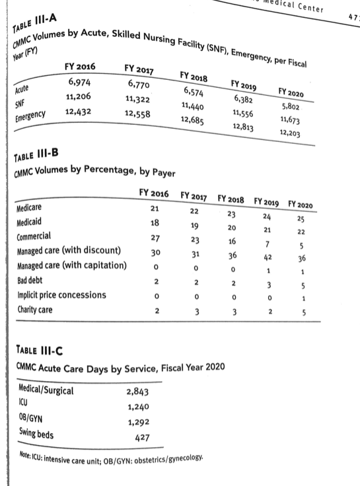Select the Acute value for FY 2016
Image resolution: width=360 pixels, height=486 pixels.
click(81, 83)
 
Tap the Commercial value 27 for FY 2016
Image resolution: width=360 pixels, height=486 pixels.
click(155, 238)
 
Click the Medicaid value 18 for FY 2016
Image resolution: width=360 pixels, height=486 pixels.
click(155, 224)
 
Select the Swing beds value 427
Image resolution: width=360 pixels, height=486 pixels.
click(141, 437)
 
